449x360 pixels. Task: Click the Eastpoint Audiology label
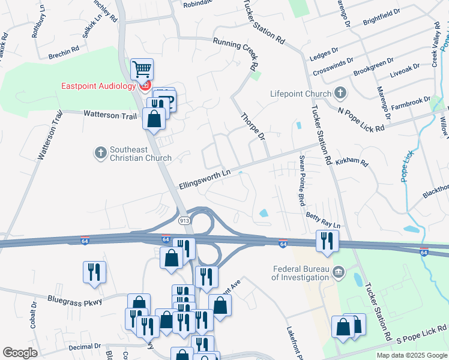coord(98,86)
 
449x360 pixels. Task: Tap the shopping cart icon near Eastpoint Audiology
coord(142,70)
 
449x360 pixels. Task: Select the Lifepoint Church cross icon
coord(340,94)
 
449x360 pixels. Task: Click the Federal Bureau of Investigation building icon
coord(339,273)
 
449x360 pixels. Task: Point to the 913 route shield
coord(184,221)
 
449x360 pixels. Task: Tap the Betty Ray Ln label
coord(323,221)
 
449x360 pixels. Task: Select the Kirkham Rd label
coord(352,162)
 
